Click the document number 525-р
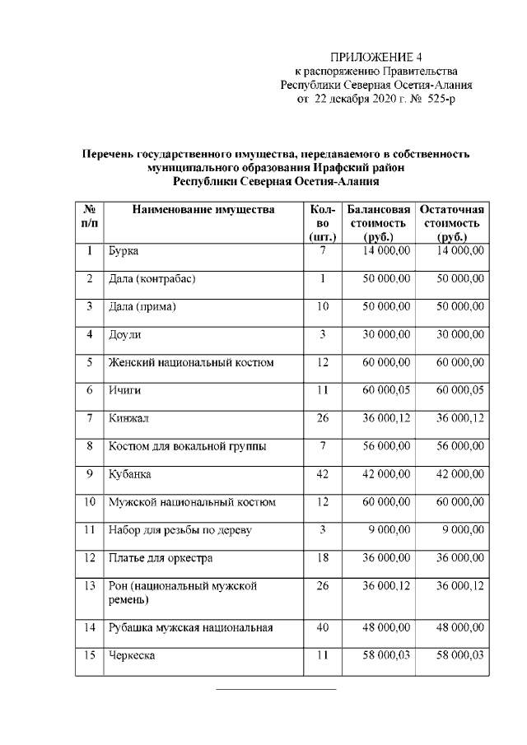(x=436, y=99)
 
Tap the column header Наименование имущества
(x=203, y=210)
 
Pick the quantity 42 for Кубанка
(x=323, y=474)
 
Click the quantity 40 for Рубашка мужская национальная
(x=323, y=627)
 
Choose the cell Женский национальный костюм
(x=191, y=362)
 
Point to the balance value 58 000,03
(x=387, y=655)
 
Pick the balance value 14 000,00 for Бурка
(x=387, y=249)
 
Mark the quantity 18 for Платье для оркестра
(x=323, y=558)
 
